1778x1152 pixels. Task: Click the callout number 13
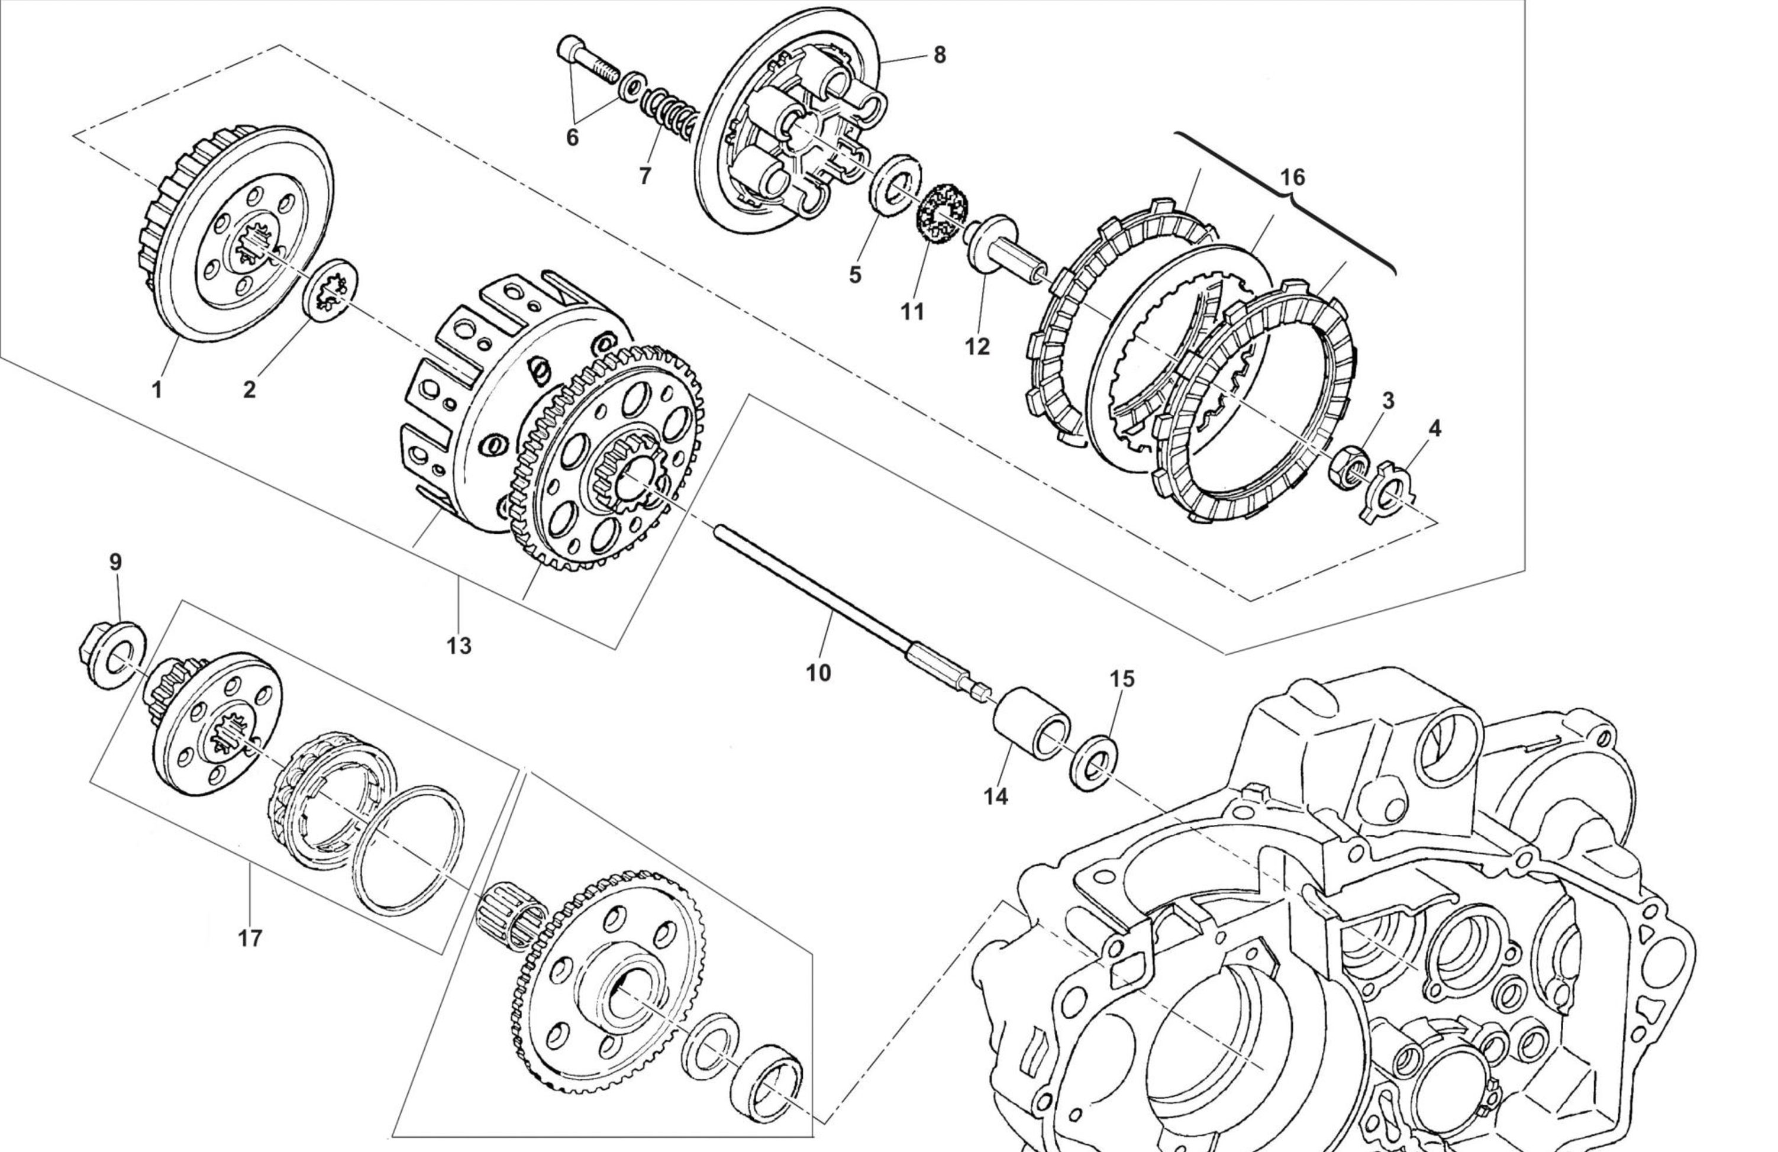pos(460,646)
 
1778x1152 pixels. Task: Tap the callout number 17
pos(250,938)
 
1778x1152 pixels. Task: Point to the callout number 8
pos(939,54)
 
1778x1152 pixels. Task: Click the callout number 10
pos(818,673)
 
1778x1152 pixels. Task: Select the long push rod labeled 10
pos(822,598)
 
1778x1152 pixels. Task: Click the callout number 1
pos(157,389)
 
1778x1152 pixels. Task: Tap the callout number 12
pos(977,347)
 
